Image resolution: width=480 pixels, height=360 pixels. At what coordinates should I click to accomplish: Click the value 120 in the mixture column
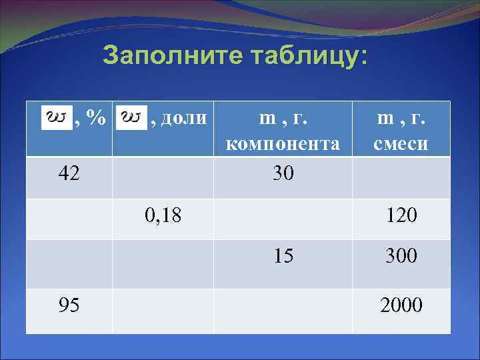point(401,215)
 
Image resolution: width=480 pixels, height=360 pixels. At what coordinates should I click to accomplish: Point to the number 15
point(283,255)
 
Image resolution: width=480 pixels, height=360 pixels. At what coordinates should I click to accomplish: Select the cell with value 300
point(401,255)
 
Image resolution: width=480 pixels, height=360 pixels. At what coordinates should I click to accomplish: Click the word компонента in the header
point(283,143)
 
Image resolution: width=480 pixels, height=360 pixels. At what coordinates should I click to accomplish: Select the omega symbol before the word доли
point(132,118)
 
